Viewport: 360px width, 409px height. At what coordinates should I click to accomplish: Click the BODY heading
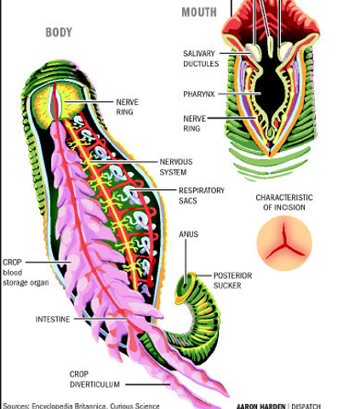coord(58,33)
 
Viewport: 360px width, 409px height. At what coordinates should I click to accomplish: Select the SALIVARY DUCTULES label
coord(200,59)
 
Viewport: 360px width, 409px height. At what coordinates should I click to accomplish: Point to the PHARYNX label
coord(199,94)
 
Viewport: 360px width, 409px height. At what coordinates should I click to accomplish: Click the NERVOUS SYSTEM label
coord(178,165)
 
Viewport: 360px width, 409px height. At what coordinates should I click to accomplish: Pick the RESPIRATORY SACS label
coord(202,195)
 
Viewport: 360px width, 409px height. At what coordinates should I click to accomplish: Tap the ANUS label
coord(189,233)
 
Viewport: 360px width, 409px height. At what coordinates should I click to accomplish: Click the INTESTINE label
coord(53,320)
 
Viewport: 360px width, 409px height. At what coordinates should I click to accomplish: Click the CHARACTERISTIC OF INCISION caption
coord(284,202)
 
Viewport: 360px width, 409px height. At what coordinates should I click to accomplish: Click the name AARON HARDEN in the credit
coord(263,405)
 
